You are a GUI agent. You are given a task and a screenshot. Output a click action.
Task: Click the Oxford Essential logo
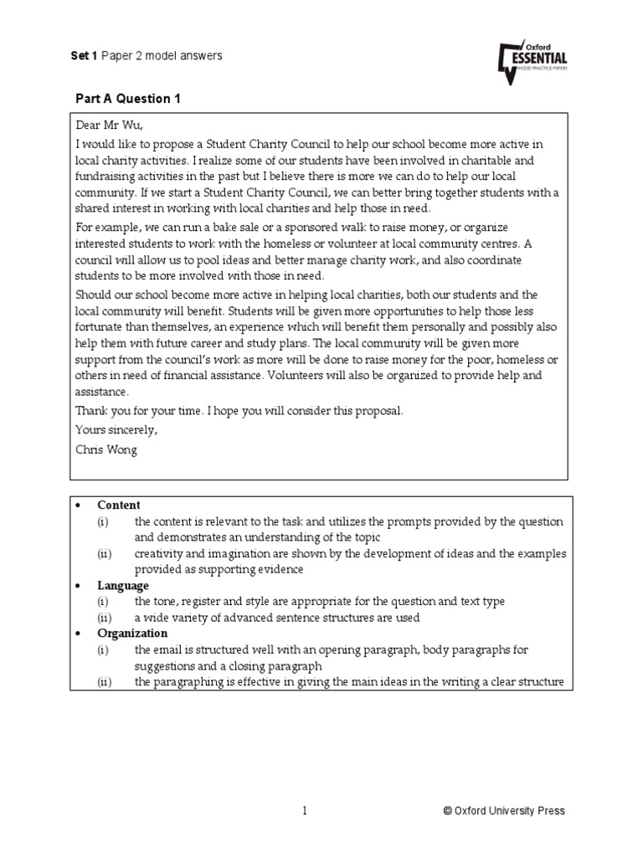click(x=532, y=61)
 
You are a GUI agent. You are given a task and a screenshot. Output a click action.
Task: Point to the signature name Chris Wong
click(x=106, y=449)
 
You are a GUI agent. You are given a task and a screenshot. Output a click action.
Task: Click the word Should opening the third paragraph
click(x=93, y=295)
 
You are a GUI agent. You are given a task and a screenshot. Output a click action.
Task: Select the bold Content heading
click(x=119, y=505)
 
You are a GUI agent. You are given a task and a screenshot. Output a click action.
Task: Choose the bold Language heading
click(x=123, y=586)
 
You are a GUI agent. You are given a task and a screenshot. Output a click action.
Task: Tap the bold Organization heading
click(x=132, y=634)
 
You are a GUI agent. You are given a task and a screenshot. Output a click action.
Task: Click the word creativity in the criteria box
click(x=161, y=554)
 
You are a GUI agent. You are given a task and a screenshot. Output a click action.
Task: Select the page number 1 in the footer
click(x=306, y=810)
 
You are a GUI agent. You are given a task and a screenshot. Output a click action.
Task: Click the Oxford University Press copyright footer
click(x=504, y=810)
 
